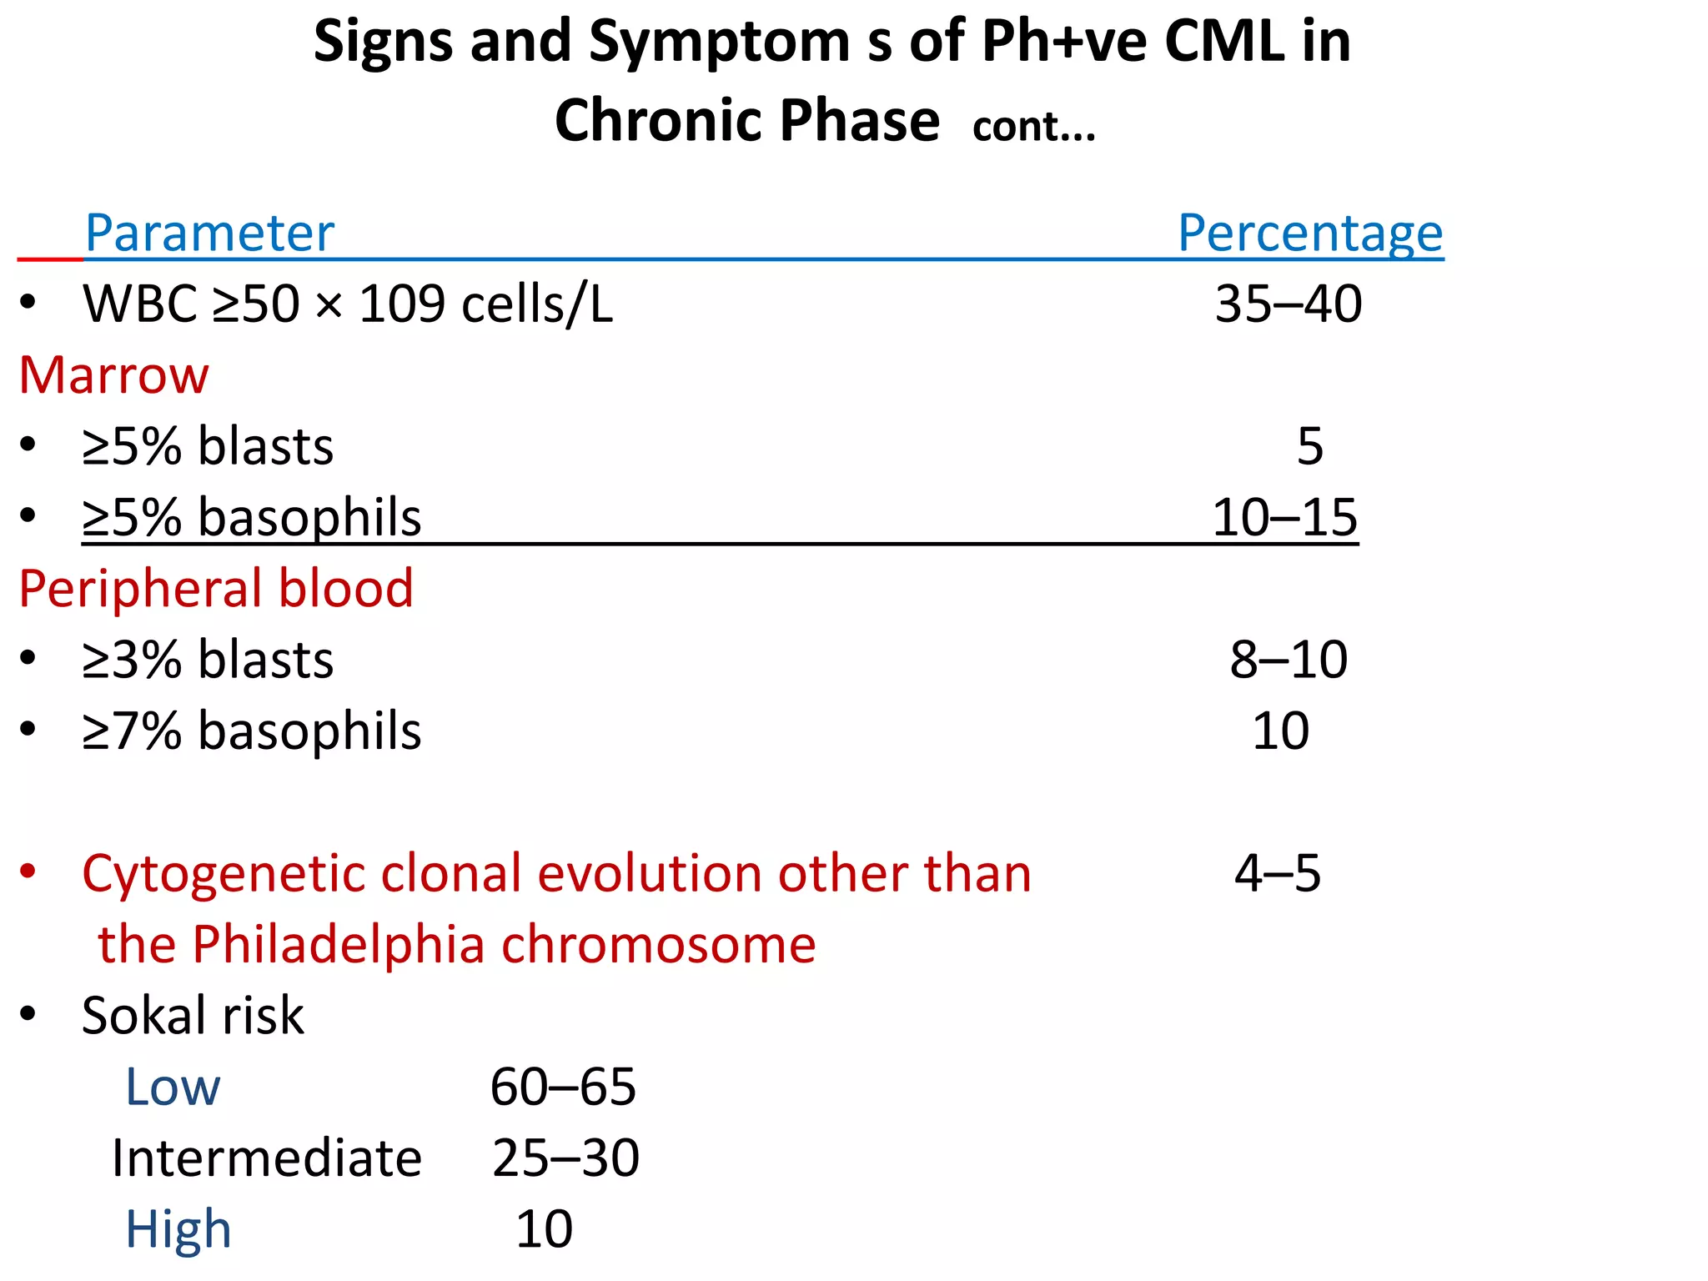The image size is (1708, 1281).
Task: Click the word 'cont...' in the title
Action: (x=1033, y=128)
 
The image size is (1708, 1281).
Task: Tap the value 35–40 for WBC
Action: (x=1288, y=304)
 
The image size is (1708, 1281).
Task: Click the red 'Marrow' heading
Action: (x=113, y=375)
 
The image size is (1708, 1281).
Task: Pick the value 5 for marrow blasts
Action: (x=1309, y=446)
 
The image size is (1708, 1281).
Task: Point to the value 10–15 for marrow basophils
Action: (x=1284, y=517)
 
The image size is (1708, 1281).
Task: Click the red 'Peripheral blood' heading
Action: (x=216, y=589)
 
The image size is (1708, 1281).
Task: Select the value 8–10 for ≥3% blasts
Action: (x=1288, y=660)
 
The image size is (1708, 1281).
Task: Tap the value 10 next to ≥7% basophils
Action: (x=1280, y=731)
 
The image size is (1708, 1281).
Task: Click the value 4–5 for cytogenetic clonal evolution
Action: (x=1277, y=874)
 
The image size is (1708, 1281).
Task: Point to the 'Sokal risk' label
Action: (x=193, y=1016)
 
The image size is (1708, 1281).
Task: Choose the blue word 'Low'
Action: (x=173, y=1088)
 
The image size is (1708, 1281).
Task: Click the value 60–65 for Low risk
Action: (x=563, y=1088)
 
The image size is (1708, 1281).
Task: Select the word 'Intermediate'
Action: (x=267, y=1158)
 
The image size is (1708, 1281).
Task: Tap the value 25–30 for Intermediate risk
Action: (x=565, y=1158)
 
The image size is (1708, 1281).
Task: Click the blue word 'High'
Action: (x=178, y=1229)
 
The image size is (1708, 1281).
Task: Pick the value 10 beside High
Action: (x=544, y=1229)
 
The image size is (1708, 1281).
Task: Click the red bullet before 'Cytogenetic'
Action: (x=28, y=872)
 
